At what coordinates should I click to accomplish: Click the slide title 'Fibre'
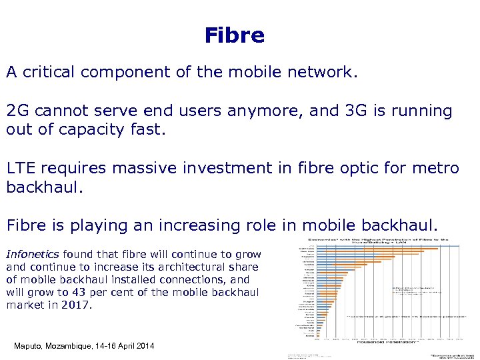pos(235,35)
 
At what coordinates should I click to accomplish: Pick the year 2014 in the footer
pos(143,346)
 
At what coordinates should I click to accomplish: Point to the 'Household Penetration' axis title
pos(377,343)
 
